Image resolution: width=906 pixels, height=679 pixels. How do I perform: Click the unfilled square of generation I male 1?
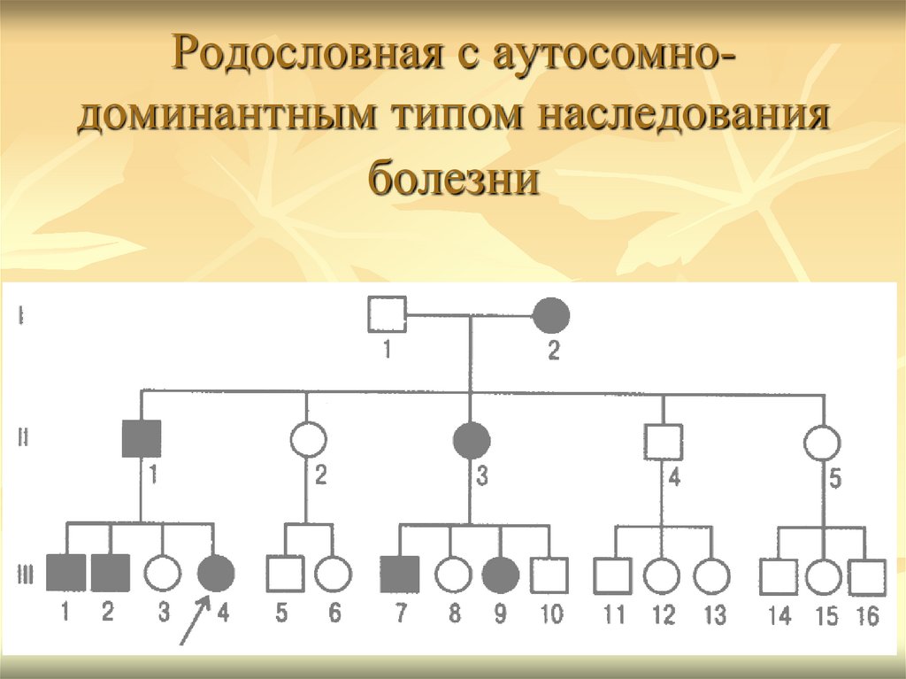(387, 314)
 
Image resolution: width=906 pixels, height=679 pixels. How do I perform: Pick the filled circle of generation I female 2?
(551, 314)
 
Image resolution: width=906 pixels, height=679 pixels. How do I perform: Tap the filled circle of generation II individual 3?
(471, 439)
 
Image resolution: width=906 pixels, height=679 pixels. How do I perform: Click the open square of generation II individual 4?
(664, 440)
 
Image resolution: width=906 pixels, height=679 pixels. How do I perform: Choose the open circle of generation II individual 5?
(823, 440)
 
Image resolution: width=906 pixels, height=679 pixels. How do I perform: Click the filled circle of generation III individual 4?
(216, 575)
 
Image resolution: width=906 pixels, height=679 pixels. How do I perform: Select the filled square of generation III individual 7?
(399, 575)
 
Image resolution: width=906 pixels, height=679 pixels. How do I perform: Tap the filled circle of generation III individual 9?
(501, 575)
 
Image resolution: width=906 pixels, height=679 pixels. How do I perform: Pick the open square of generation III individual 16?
(866, 576)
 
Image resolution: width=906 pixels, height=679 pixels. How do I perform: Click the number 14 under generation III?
(779, 616)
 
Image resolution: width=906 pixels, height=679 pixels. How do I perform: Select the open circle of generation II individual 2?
(307, 439)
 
